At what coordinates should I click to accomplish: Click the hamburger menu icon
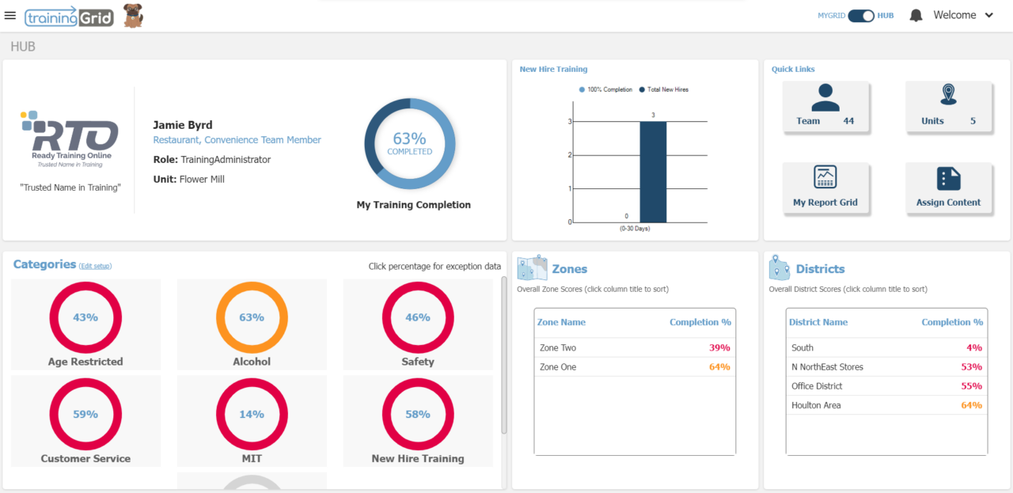10,16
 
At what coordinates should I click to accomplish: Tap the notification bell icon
916,16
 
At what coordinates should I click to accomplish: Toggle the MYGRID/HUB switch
861,16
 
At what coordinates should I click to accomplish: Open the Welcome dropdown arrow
988,16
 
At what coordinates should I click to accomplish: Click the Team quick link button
825,107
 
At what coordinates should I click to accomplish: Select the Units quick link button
948,107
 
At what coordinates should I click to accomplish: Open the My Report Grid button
825,188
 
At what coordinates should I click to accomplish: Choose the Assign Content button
948,188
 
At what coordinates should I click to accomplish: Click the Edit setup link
95,267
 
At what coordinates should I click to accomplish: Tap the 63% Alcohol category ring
252,317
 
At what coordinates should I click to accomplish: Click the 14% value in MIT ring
252,414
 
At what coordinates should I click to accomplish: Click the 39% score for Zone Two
719,348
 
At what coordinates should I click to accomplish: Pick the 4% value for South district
974,348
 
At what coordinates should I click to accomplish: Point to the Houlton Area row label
816,405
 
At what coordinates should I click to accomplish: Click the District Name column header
818,322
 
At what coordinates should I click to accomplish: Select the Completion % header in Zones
700,322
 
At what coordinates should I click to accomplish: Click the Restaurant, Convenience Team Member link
237,140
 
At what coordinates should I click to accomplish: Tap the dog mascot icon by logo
133,15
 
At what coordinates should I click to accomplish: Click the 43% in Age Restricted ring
85,317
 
